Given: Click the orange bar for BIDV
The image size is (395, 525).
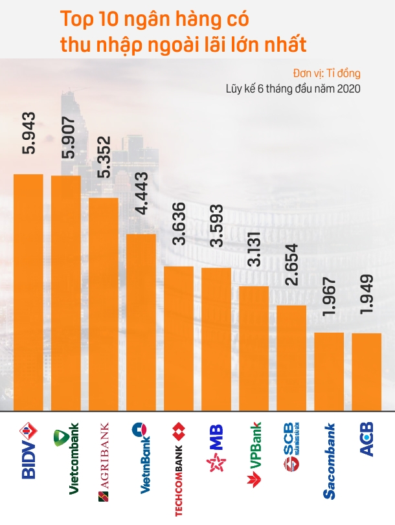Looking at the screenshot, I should (x=28, y=291).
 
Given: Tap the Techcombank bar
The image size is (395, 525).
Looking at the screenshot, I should (x=179, y=337).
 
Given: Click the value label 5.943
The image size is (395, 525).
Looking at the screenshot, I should (x=28, y=133).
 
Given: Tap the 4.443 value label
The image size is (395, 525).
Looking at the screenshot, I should (x=141, y=194).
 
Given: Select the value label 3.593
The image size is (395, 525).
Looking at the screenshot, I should (x=216, y=227).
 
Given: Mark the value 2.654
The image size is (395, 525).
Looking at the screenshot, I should (x=291, y=265).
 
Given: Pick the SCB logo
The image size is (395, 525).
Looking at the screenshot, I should (x=291, y=447).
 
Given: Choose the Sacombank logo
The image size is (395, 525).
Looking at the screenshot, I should (x=329, y=460).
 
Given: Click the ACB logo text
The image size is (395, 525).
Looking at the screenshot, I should (x=367, y=441).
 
